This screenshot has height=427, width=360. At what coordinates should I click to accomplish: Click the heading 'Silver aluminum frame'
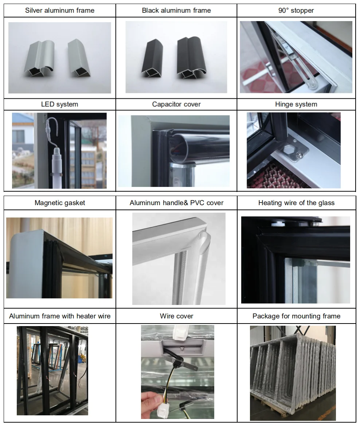click(x=60, y=11)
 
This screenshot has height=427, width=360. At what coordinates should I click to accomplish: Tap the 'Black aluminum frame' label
click(x=176, y=11)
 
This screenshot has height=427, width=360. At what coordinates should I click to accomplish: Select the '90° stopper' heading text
click(x=296, y=11)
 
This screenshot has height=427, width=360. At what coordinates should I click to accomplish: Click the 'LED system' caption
click(x=60, y=105)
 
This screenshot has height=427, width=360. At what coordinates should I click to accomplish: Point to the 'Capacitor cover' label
click(x=176, y=105)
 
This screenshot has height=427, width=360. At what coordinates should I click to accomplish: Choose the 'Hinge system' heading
click(x=296, y=105)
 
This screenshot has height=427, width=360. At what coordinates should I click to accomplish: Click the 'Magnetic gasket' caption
click(x=60, y=203)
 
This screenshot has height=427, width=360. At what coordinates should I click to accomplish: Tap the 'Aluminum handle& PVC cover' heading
click(x=176, y=203)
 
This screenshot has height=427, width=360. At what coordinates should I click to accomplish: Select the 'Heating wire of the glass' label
click(x=296, y=203)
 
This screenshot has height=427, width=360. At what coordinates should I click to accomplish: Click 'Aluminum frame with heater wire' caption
click(x=60, y=316)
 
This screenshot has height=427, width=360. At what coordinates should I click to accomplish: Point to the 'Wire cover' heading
click(x=176, y=316)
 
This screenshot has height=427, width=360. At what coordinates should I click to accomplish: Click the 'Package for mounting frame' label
click(x=296, y=316)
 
